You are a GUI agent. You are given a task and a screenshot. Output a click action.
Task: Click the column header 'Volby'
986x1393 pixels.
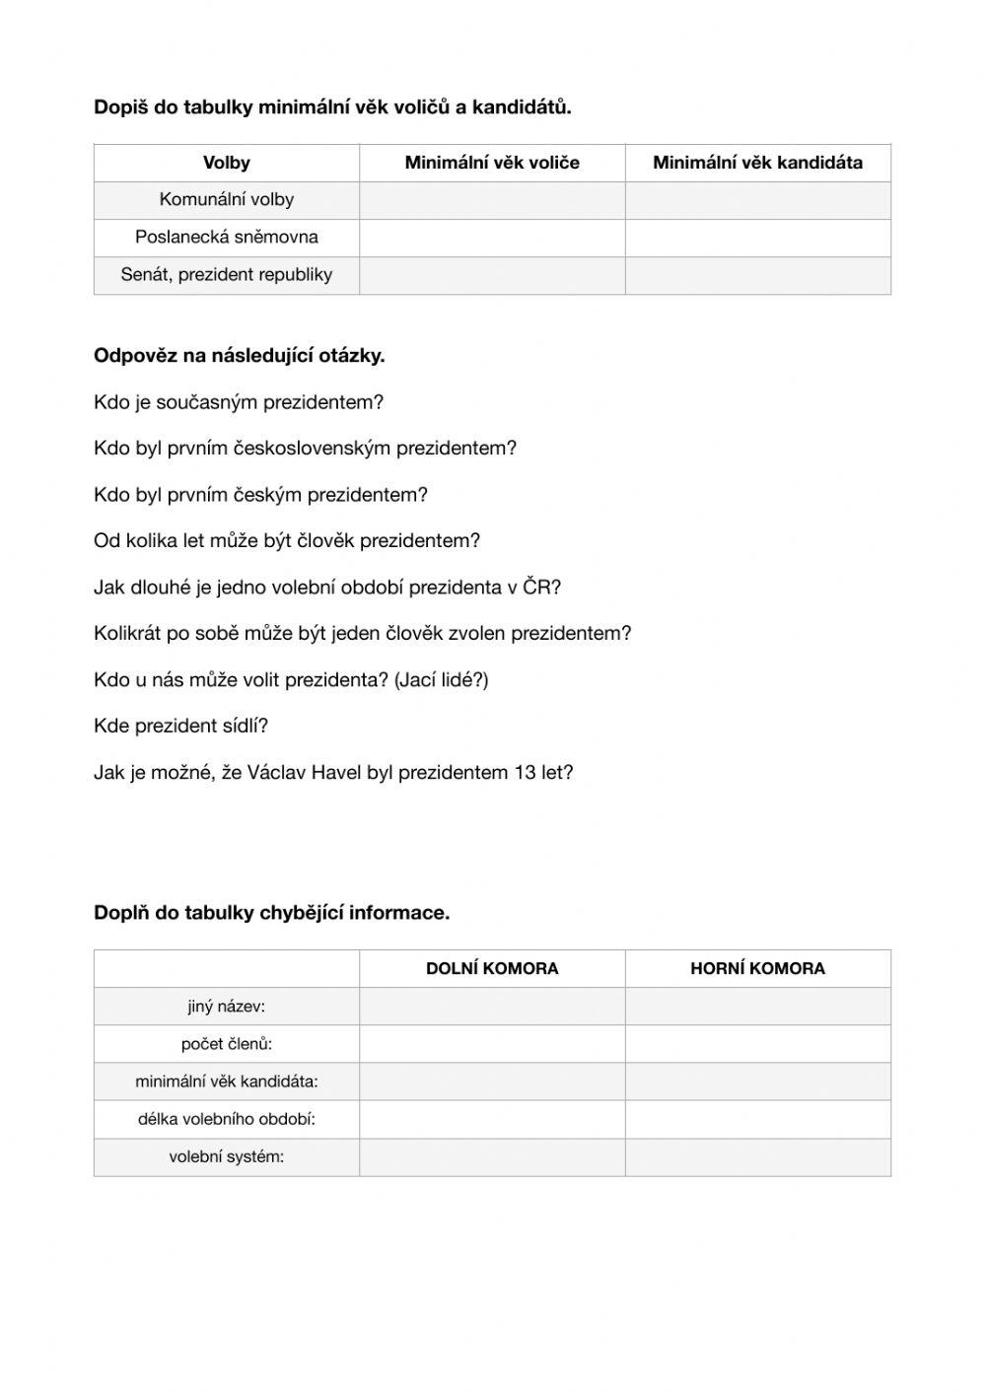pyautogui.click(x=226, y=163)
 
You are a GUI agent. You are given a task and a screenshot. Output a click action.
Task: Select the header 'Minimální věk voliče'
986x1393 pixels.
pyautogui.click(x=492, y=163)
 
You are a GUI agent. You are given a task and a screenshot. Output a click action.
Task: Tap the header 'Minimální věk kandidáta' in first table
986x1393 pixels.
pyautogui.click(x=757, y=163)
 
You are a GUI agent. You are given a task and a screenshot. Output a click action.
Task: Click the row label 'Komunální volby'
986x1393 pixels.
pyautogui.click(x=226, y=200)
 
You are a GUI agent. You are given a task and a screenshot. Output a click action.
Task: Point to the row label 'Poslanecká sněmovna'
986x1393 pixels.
pyautogui.click(x=226, y=238)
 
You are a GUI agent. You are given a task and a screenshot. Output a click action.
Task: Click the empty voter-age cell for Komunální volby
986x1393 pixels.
pyautogui.click(x=492, y=200)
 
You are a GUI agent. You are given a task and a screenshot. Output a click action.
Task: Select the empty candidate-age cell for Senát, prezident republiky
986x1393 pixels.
pyautogui.click(x=757, y=275)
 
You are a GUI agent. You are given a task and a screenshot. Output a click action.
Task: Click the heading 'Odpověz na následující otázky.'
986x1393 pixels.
pyautogui.click(x=239, y=356)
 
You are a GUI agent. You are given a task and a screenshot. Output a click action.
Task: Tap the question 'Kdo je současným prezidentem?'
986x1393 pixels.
pyautogui.click(x=238, y=402)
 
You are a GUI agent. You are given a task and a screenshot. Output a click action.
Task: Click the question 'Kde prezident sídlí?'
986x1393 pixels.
pyautogui.click(x=180, y=727)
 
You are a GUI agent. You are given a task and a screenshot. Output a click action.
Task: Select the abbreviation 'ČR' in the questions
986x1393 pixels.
pyautogui.click(x=535, y=588)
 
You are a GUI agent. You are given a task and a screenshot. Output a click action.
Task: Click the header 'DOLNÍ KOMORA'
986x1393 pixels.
pyautogui.click(x=492, y=968)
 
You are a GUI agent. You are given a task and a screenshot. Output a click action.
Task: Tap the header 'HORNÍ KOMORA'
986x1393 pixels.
pyautogui.click(x=757, y=968)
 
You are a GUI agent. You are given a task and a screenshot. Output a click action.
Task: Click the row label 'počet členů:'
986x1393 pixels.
pyautogui.click(x=226, y=1044)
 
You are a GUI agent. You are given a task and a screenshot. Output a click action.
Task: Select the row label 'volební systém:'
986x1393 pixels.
pyautogui.click(x=226, y=1157)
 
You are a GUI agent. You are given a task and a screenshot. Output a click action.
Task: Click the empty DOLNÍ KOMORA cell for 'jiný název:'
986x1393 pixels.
pyautogui.click(x=492, y=1007)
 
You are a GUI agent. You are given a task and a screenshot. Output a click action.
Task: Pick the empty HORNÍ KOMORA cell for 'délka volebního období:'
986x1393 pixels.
pyautogui.click(x=757, y=1120)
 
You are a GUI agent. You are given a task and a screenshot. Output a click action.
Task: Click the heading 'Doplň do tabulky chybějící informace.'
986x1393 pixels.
pyautogui.click(x=271, y=913)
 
